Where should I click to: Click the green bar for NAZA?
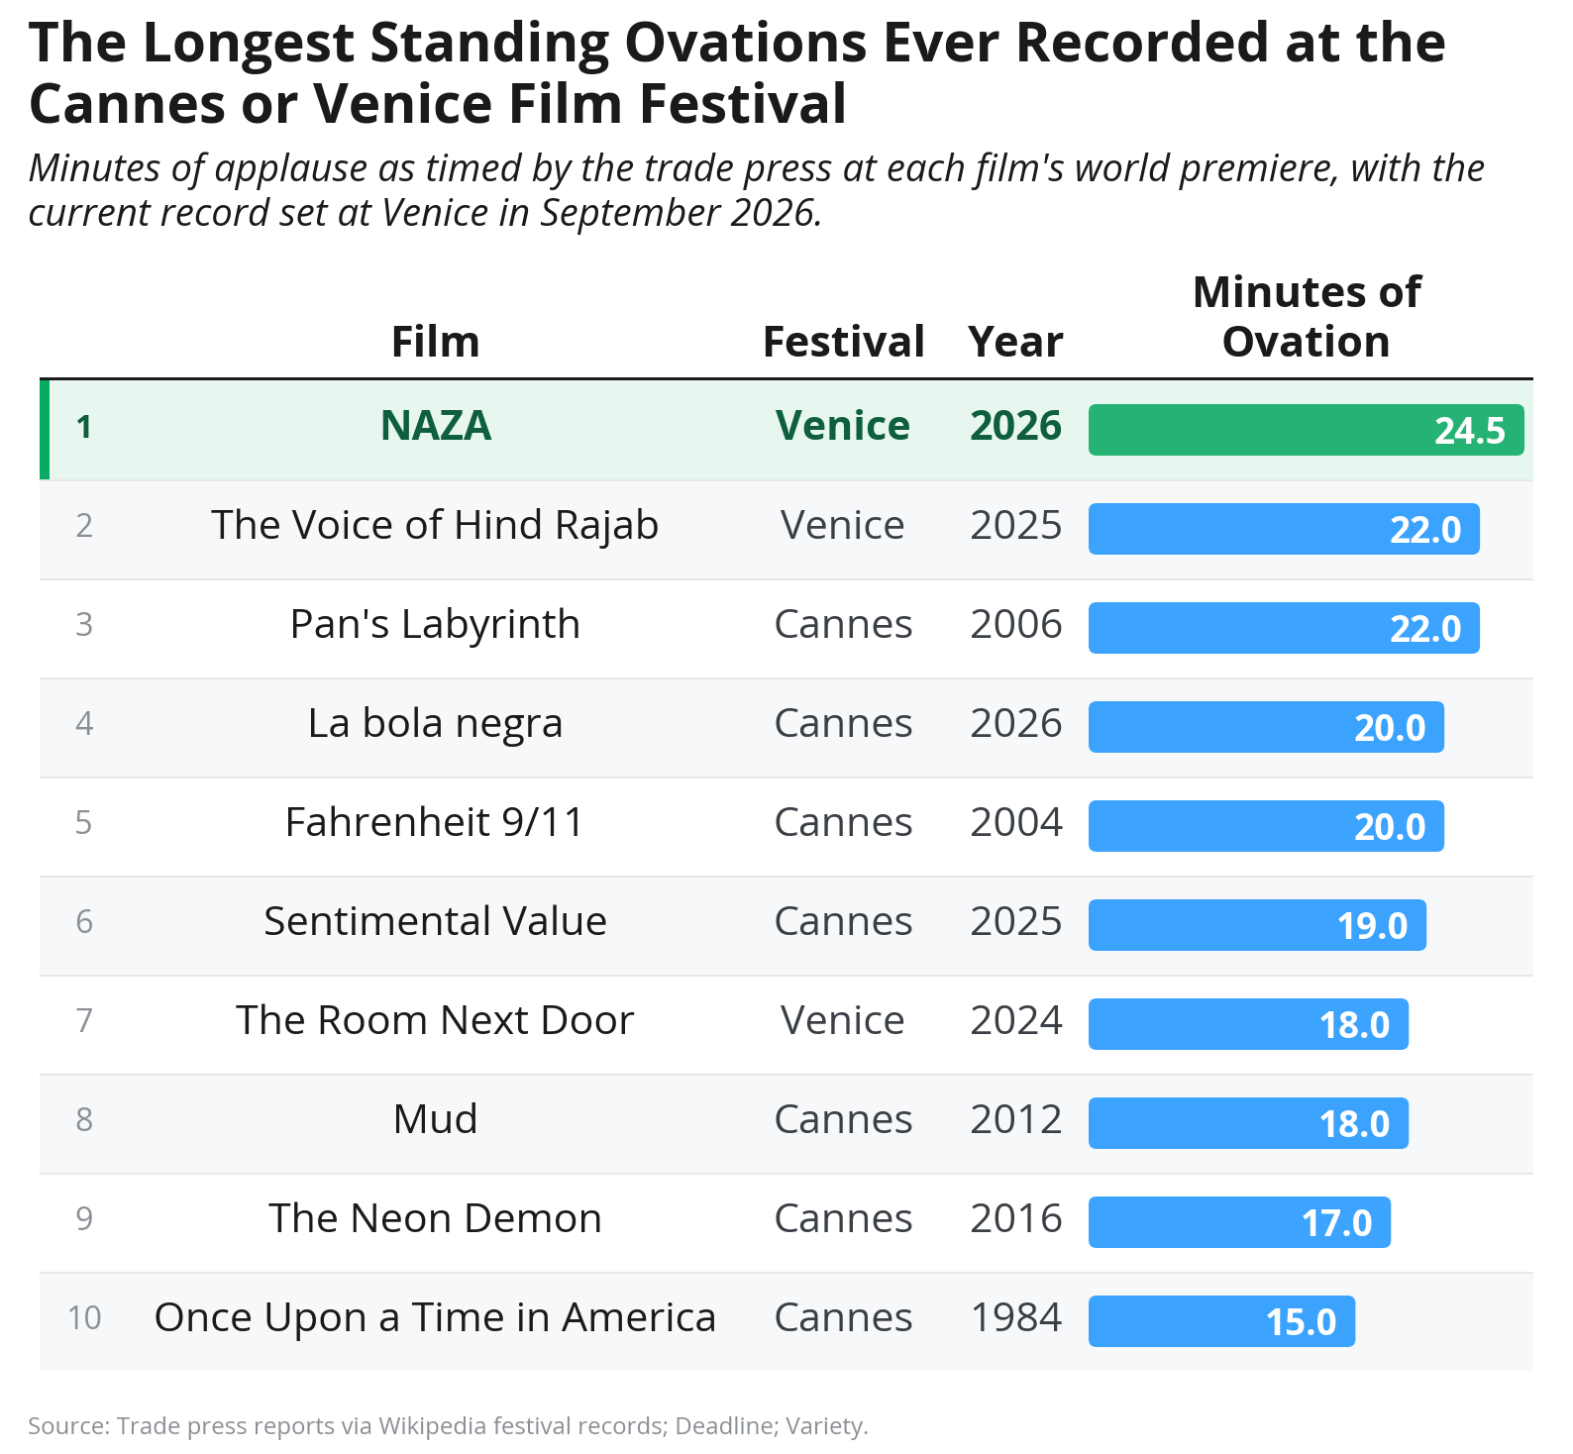tap(1306, 430)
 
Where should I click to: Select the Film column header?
tap(436, 342)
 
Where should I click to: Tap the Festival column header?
tap(843, 342)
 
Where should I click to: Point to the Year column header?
tap(1015, 342)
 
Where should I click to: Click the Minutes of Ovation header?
tap(1307, 317)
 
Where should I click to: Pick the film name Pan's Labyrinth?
tap(435, 625)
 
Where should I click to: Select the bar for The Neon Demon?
tap(1239, 1222)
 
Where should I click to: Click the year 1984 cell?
tap(1015, 1318)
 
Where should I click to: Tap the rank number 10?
tap(84, 1318)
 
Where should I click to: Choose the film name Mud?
tap(435, 1119)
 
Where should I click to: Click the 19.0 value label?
tap(1372, 926)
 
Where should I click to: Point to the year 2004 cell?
tap(1015, 823)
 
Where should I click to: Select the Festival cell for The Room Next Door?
tap(843, 1021)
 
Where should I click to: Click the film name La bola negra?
tap(435, 724)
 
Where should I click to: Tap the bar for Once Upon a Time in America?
tap(1221, 1321)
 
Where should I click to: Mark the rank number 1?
tap(84, 427)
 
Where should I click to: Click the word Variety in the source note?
tap(830, 1426)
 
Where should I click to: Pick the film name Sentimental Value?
tap(435, 922)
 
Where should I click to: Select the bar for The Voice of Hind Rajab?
tap(1284, 529)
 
